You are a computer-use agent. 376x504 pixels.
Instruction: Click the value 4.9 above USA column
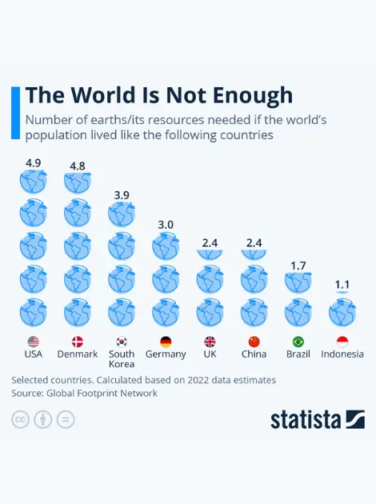(34, 162)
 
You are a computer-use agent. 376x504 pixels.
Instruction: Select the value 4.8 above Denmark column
(78, 166)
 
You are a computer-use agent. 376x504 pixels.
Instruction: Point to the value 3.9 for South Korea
(122, 195)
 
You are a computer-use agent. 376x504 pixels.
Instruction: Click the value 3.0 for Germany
(166, 225)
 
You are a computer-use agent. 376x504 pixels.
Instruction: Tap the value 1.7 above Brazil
(298, 266)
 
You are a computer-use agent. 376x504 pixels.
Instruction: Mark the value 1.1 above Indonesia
(342, 284)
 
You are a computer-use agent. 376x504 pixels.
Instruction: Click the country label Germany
(166, 354)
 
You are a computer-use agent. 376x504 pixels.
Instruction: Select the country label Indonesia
(342, 354)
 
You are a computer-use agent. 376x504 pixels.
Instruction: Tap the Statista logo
(317, 419)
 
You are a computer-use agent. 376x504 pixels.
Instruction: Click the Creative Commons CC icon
(20, 419)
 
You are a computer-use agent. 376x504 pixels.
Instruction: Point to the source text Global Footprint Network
(102, 393)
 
